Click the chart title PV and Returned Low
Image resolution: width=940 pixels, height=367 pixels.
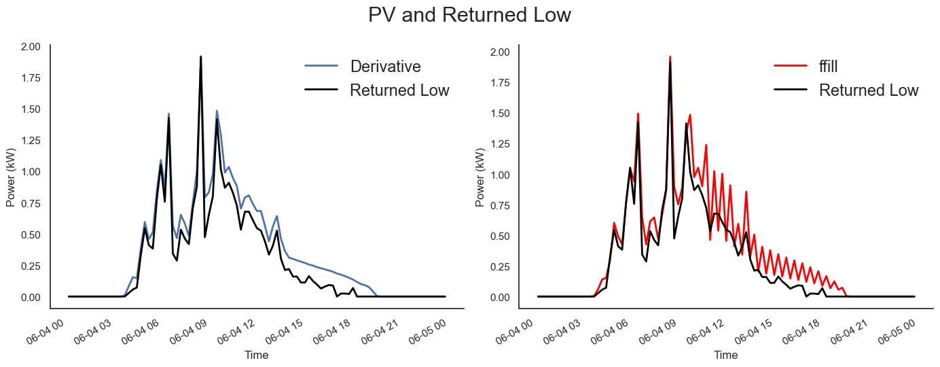469,15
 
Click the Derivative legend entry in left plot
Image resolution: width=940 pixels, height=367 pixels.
385,67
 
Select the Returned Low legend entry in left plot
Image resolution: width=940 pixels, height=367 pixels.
399,90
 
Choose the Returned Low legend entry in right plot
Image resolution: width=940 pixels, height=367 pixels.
868,90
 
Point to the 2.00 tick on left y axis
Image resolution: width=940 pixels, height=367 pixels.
30,46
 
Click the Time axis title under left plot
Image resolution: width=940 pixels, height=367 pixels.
257,355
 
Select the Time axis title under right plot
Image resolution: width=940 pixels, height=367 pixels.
725,355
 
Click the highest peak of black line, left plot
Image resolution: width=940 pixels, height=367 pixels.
200,57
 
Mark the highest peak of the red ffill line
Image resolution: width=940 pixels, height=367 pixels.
670,57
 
